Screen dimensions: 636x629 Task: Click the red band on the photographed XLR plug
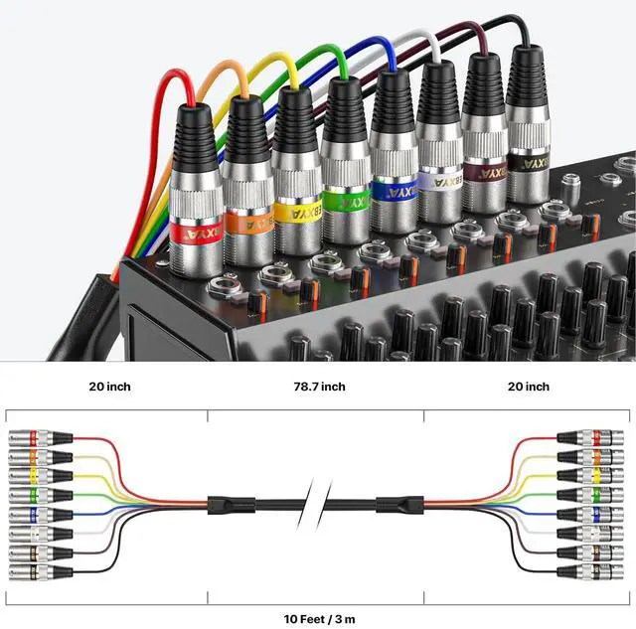(x=190, y=234)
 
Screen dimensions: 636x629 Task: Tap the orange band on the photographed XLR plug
(x=245, y=223)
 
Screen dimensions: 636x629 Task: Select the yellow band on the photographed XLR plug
(x=297, y=211)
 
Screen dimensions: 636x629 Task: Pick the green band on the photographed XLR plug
(x=346, y=200)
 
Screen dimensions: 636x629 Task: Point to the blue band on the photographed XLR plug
(x=394, y=189)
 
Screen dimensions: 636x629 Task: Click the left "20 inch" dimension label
(x=107, y=387)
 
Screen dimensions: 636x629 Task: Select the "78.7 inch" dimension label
(x=318, y=387)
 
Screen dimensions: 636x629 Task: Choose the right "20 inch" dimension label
(x=528, y=387)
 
